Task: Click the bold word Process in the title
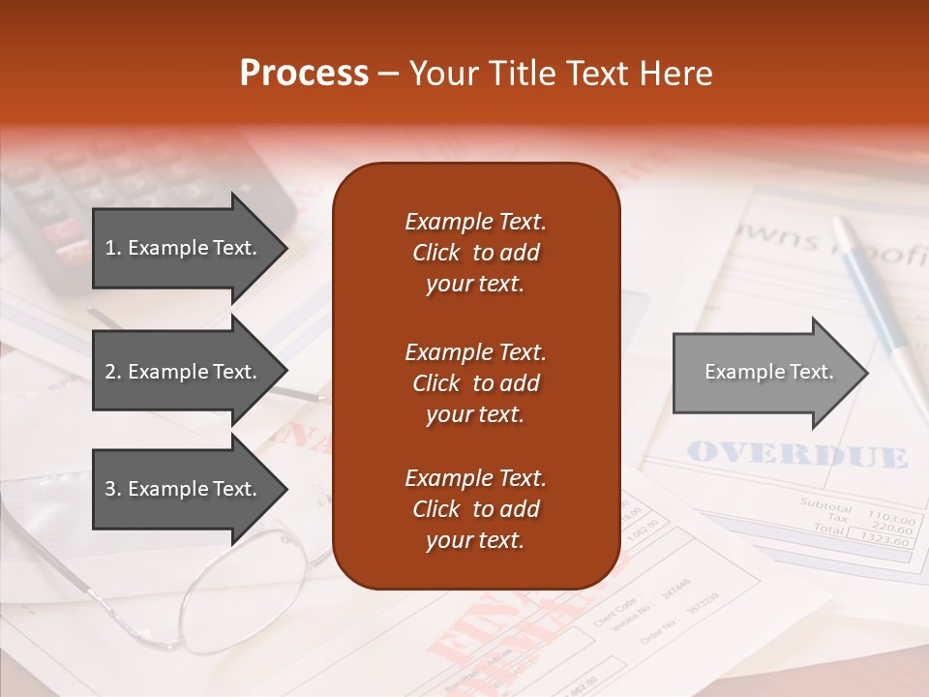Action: click(x=304, y=74)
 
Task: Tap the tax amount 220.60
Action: click(x=891, y=530)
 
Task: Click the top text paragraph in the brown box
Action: click(x=475, y=253)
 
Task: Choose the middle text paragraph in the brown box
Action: click(x=475, y=383)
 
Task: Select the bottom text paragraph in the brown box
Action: click(x=475, y=509)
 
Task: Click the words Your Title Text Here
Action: click(x=560, y=74)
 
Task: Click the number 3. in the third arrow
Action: click(x=113, y=489)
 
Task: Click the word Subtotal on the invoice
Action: click(x=825, y=506)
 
